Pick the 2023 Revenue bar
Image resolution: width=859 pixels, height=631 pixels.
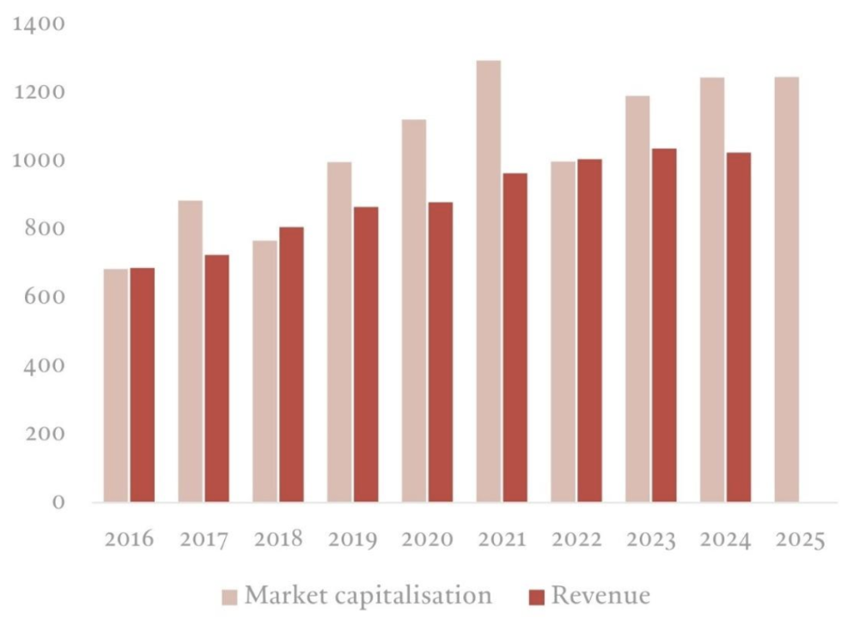[664, 325]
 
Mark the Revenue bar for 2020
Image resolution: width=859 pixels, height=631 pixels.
[440, 352]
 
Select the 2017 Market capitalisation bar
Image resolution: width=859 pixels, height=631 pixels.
[191, 351]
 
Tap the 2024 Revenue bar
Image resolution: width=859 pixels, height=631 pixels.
[738, 327]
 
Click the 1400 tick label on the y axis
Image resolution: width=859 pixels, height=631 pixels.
[40, 24]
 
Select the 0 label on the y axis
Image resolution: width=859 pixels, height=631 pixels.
[58, 502]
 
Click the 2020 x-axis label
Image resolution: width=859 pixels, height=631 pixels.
[427, 540]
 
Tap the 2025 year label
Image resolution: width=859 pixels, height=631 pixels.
[800, 540]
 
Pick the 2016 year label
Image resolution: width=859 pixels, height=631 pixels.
[129, 540]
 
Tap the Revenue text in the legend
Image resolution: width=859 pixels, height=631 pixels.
[600, 596]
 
